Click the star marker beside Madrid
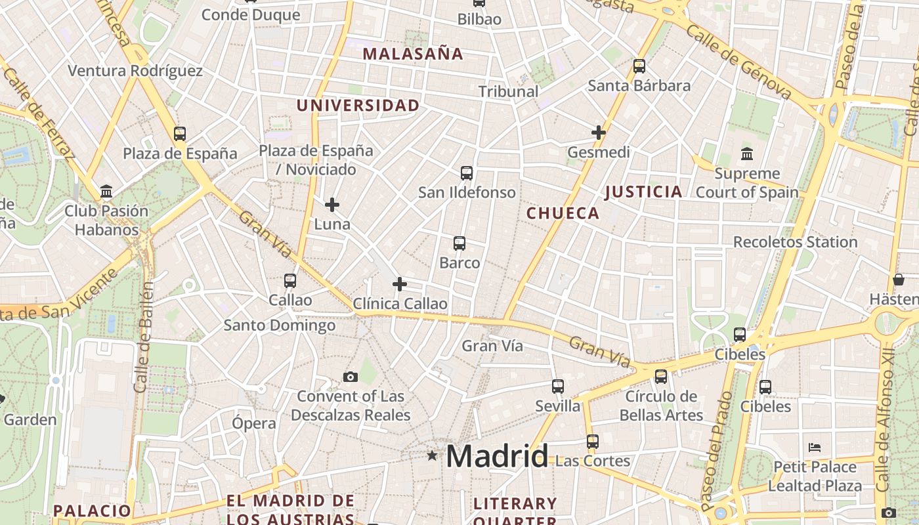(x=432, y=455)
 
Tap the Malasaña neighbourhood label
(x=413, y=54)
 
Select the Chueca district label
(x=563, y=213)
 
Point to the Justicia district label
(x=643, y=192)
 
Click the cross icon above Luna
(x=332, y=205)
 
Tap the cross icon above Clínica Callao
(x=399, y=284)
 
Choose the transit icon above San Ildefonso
(x=467, y=173)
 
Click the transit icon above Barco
(x=460, y=243)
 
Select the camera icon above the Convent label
(x=351, y=377)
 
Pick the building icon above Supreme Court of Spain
(x=747, y=154)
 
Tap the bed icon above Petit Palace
(x=815, y=448)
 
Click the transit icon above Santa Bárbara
(x=639, y=66)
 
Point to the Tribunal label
(x=508, y=91)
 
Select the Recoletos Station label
(x=795, y=241)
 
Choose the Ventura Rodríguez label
(x=135, y=70)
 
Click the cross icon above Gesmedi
(x=598, y=133)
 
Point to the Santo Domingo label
(x=279, y=325)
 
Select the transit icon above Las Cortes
(x=593, y=442)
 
